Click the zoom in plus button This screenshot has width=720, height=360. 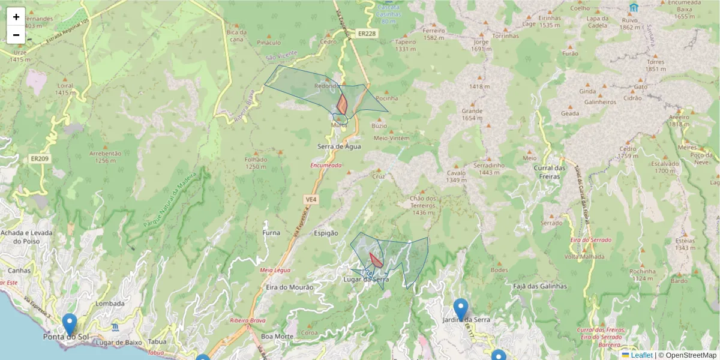[16, 17]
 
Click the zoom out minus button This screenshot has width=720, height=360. [16, 35]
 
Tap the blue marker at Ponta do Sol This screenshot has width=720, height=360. [70, 323]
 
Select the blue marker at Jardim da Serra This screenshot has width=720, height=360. [460, 309]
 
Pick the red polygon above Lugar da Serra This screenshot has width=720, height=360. [376, 261]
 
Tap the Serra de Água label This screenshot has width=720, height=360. [339, 146]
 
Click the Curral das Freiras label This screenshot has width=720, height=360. [550, 172]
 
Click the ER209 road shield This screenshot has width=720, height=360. [38, 159]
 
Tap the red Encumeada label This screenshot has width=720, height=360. [326, 165]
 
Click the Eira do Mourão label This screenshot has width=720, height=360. [289, 287]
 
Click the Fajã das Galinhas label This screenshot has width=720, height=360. [539, 286]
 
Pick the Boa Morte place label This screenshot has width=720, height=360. [277, 337]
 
